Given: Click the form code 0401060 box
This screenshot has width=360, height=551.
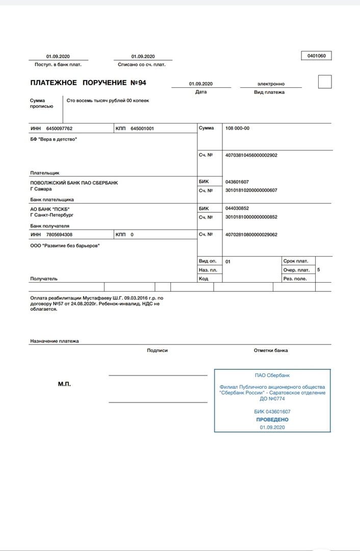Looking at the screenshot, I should point(317,56).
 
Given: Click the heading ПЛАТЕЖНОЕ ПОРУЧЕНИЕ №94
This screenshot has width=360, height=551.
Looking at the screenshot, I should point(88,83).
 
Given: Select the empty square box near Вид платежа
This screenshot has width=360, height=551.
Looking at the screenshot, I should point(324,82).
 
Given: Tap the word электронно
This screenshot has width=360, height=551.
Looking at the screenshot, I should point(271,84).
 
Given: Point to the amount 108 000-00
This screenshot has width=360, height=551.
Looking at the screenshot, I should point(238,128).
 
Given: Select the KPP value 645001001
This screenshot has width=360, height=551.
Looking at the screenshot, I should point(142,129).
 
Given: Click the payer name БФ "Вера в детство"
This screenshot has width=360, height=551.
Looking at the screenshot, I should point(54,139).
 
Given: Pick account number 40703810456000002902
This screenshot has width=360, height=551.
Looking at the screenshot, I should point(251,155).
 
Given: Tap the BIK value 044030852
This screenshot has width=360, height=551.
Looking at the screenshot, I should point(237,209).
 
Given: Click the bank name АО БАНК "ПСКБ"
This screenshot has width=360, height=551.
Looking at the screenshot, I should point(50,209).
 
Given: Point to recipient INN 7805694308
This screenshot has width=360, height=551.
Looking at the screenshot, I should point(59,235).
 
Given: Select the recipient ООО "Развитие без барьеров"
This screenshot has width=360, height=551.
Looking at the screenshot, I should point(65,245).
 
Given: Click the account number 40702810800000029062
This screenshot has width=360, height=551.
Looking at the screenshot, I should point(251,235).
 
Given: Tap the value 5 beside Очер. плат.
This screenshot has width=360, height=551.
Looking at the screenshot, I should point(318,269).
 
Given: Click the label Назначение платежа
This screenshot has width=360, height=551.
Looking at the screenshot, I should point(55,341).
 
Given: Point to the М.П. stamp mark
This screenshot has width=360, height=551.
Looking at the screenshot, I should point(64,384).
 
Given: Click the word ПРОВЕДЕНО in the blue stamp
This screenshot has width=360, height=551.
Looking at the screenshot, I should point(272,419).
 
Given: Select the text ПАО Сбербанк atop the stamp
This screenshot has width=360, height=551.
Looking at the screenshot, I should point(272,375).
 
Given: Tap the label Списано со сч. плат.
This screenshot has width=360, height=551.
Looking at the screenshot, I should point(142,65).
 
